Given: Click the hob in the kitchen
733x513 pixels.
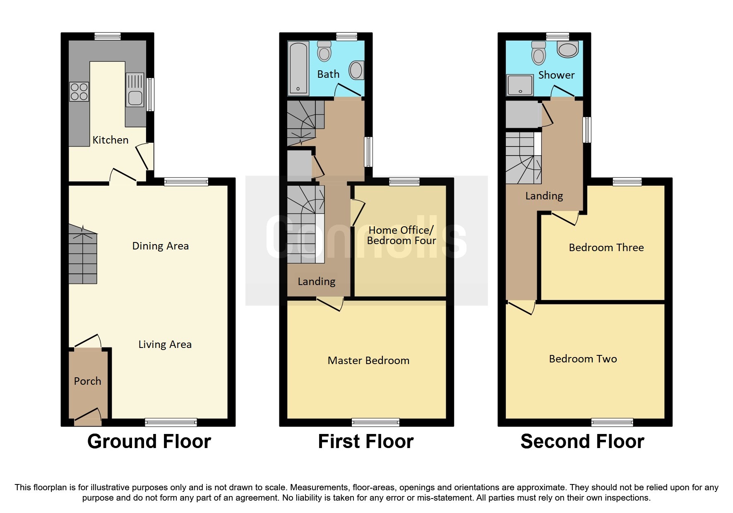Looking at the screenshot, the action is click(79, 92).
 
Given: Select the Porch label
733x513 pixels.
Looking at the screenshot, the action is click(87, 381).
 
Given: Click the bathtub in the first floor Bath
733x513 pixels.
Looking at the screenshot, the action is click(298, 67).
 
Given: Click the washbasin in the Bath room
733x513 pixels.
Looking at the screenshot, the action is click(356, 70).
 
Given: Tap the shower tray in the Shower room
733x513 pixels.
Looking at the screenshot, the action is click(520, 85).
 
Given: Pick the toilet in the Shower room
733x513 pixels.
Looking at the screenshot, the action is click(538, 53).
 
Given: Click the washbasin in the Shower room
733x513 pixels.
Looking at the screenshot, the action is click(567, 49).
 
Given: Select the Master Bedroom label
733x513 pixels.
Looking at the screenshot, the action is click(368, 360).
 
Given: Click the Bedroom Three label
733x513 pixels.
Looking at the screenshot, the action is click(606, 247).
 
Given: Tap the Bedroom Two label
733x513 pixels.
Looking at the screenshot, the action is click(583, 359).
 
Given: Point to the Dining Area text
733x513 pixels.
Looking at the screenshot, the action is click(160, 246).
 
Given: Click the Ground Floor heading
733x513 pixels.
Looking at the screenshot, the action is click(149, 441).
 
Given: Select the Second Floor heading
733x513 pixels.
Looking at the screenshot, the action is click(582, 441).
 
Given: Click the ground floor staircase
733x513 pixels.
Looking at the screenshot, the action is click(83, 254).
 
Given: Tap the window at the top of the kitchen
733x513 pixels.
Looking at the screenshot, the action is click(108, 36).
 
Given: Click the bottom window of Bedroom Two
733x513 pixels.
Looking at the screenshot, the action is click(612, 422).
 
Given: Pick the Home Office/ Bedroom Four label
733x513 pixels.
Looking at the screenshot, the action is click(401, 235).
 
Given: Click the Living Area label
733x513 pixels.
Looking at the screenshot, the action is click(165, 344).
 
